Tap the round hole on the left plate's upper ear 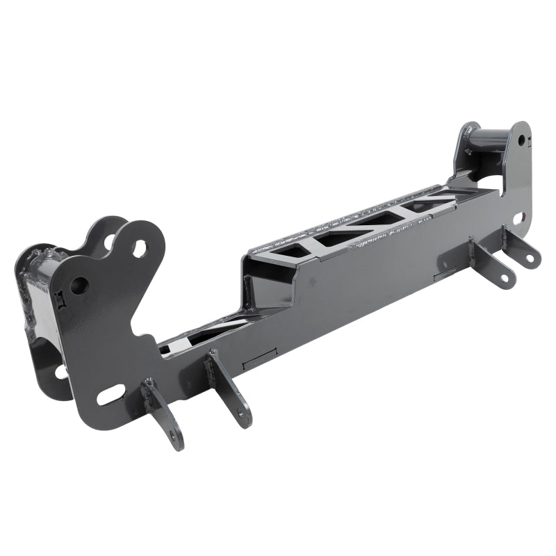pyautogui.click(x=140, y=248)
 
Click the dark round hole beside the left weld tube pyautogui.click(x=80, y=284)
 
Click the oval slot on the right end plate pyautogui.click(x=518, y=218)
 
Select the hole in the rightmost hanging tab pyautogui.click(x=530, y=259)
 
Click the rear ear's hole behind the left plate pyautogui.click(x=111, y=242)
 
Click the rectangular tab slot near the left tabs pyautogui.click(x=261, y=359)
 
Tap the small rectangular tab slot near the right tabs pyautogui.click(x=445, y=275)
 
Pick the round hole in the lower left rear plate pyautogui.click(x=61, y=372)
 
